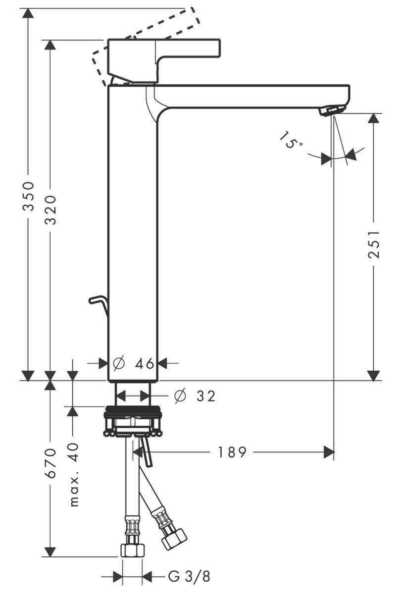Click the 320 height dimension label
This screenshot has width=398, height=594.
tap(50, 209)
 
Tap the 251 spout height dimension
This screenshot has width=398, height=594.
tap(375, 244)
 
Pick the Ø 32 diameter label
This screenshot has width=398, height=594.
tap(195, 396)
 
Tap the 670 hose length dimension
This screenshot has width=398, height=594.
tap(50, 463)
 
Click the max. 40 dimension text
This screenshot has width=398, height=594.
tap(74, 474)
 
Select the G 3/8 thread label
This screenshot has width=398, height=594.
tap(189, 577)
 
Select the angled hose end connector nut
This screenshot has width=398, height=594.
tap(174, 538)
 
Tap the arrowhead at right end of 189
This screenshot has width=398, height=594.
tap(328, 452)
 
